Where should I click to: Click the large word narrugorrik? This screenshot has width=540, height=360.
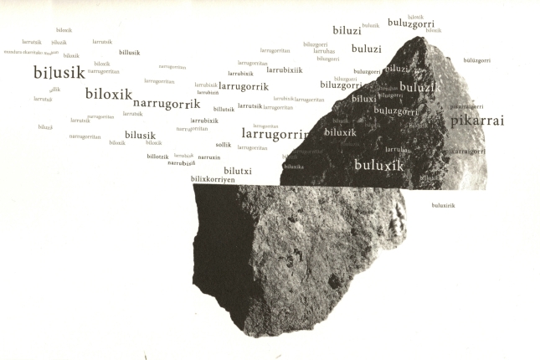click(167, 105)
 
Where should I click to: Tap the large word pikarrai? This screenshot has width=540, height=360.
click(477, 121)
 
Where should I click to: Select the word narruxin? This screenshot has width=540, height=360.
click(209, 157)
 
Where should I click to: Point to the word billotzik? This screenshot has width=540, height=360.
click(157, 157)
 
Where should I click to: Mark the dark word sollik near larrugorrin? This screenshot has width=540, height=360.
click(223, 145)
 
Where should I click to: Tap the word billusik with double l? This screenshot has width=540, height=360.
click(129, 53)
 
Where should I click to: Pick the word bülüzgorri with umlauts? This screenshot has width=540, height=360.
click(476, 60)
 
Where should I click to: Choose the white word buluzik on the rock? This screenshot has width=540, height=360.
click(419, 87)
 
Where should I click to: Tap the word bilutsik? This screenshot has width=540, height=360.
click(224, 109)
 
